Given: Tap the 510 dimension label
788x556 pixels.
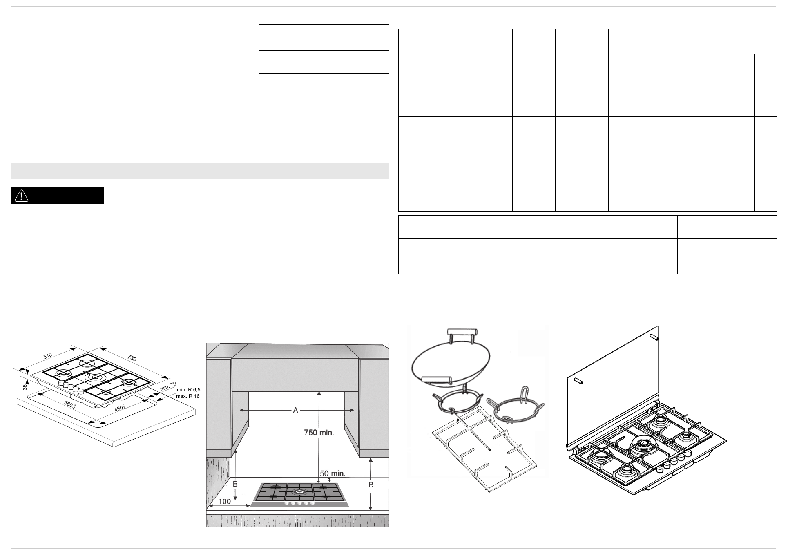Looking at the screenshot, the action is (48, 356).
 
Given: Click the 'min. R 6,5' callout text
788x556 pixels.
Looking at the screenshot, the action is (188, 390).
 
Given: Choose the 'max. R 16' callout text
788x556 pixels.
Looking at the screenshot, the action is (188, 396).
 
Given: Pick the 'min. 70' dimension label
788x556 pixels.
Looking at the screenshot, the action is (168, 386).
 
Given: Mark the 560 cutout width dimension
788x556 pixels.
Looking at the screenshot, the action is (69, 405).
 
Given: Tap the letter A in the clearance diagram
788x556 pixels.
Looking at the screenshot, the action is (296, 410).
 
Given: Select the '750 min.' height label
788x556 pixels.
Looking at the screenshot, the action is (319, 432).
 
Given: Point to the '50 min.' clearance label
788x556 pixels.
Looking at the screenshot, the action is (333, 474).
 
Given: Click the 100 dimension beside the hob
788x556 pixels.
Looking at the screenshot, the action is (225, 501).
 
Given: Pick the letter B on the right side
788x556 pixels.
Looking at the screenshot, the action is (371, 485).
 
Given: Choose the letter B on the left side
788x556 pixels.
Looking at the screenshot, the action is (235, 484).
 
